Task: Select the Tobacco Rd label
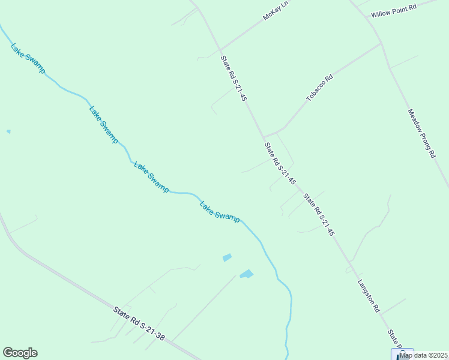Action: (319, 87)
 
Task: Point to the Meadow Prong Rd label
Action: (421, 133)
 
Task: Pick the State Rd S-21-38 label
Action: (139, 324)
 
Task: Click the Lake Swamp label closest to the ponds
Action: (220, 211)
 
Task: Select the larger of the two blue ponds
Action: (246, 274)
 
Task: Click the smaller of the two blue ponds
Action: (227, 257)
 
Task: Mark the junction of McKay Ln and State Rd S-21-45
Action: (220, 50)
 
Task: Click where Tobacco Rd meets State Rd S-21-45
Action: (264, 136)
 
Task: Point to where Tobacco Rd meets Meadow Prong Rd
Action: (381, 43)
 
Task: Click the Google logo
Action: (20, 353)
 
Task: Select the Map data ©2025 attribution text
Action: (424, 355)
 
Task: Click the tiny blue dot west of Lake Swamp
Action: (8, 131)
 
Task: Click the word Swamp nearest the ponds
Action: (228, 216)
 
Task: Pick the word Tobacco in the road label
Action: (315, 91)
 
